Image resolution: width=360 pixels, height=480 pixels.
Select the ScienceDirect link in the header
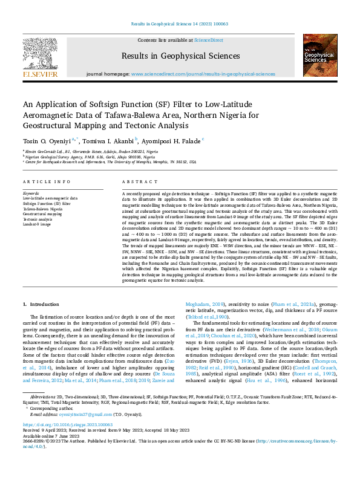point(208,40)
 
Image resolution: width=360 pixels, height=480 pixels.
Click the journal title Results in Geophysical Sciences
point(180,56)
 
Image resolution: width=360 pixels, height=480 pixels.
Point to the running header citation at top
point(180,24)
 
